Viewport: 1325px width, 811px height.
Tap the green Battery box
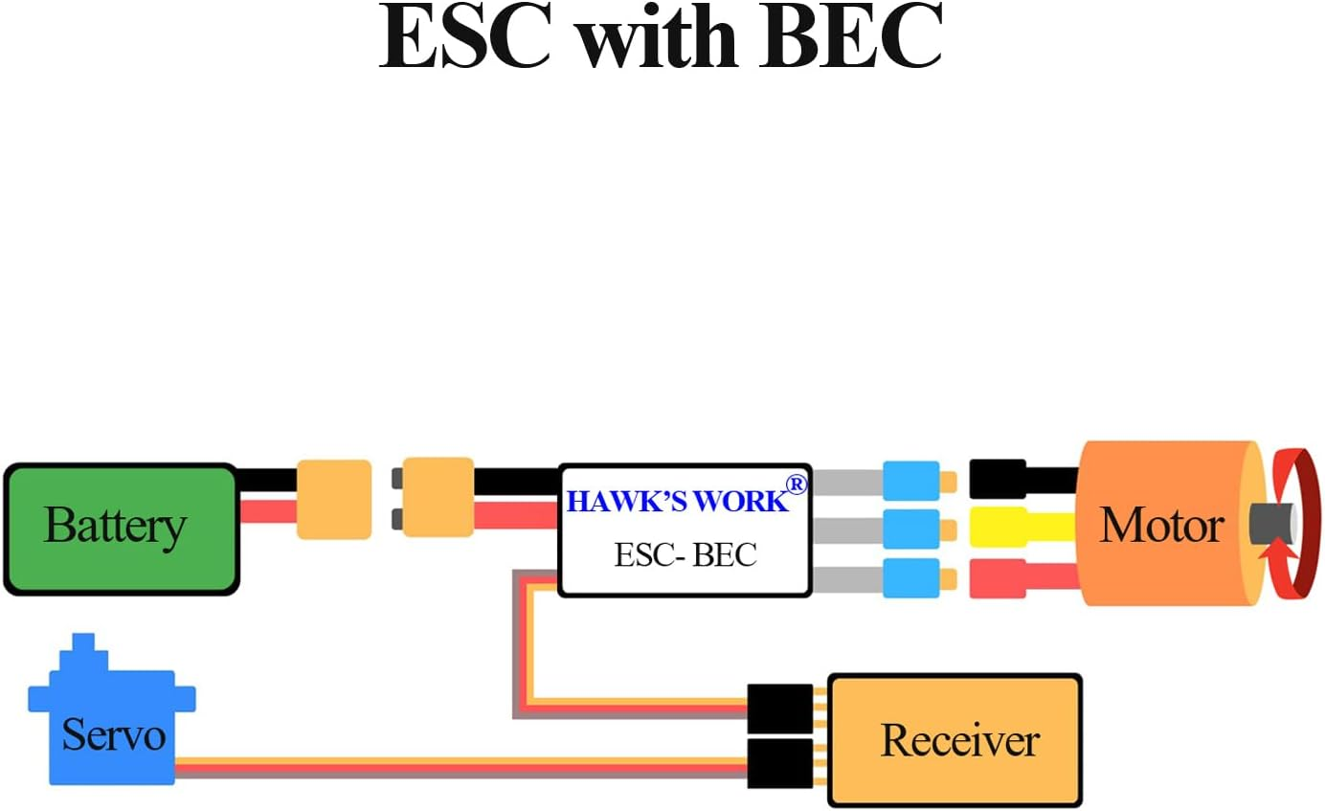point(121,529)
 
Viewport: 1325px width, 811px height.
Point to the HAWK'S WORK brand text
point(678,501)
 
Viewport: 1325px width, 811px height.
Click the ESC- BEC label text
point(685,554)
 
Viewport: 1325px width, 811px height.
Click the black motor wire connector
point(998,479)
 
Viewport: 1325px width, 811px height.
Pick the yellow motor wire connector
point(998,528)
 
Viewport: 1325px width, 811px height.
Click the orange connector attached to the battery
point(333,499)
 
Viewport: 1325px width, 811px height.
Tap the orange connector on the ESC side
point(438,497)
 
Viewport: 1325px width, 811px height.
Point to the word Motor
point(1160,526)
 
